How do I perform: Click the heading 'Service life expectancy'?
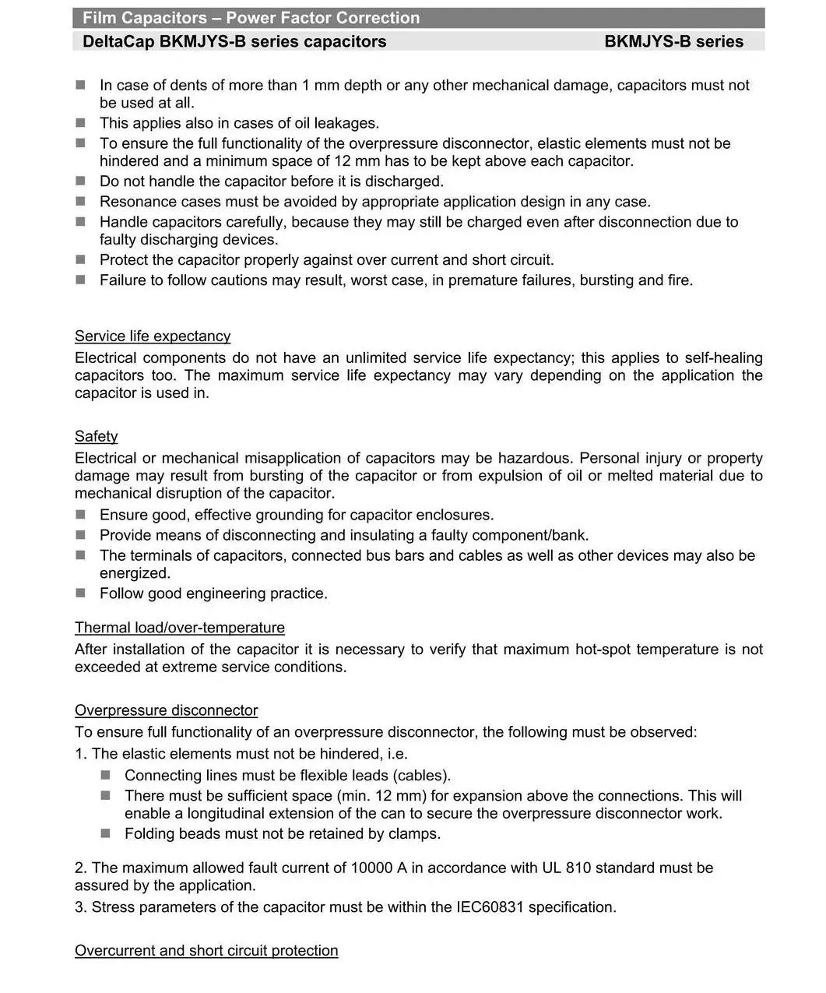153,336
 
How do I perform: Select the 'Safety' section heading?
96,437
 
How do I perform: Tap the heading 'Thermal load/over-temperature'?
180,628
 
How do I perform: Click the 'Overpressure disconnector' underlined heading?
166,710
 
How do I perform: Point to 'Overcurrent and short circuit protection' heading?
206,951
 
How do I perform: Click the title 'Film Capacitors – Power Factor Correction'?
251,18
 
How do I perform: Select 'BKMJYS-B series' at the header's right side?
673,42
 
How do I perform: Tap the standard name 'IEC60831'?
488,907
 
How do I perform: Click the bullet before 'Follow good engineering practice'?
81,593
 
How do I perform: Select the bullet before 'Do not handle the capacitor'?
81,181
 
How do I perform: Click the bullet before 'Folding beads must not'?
106,833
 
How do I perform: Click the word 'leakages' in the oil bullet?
345,123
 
